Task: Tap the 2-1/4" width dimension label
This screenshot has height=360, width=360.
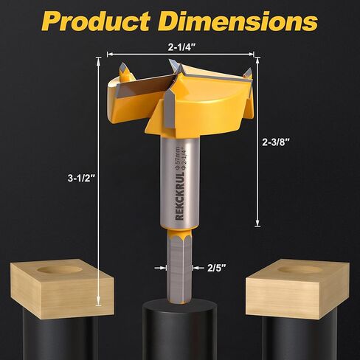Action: pyautogui.click(x=180, y=46)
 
